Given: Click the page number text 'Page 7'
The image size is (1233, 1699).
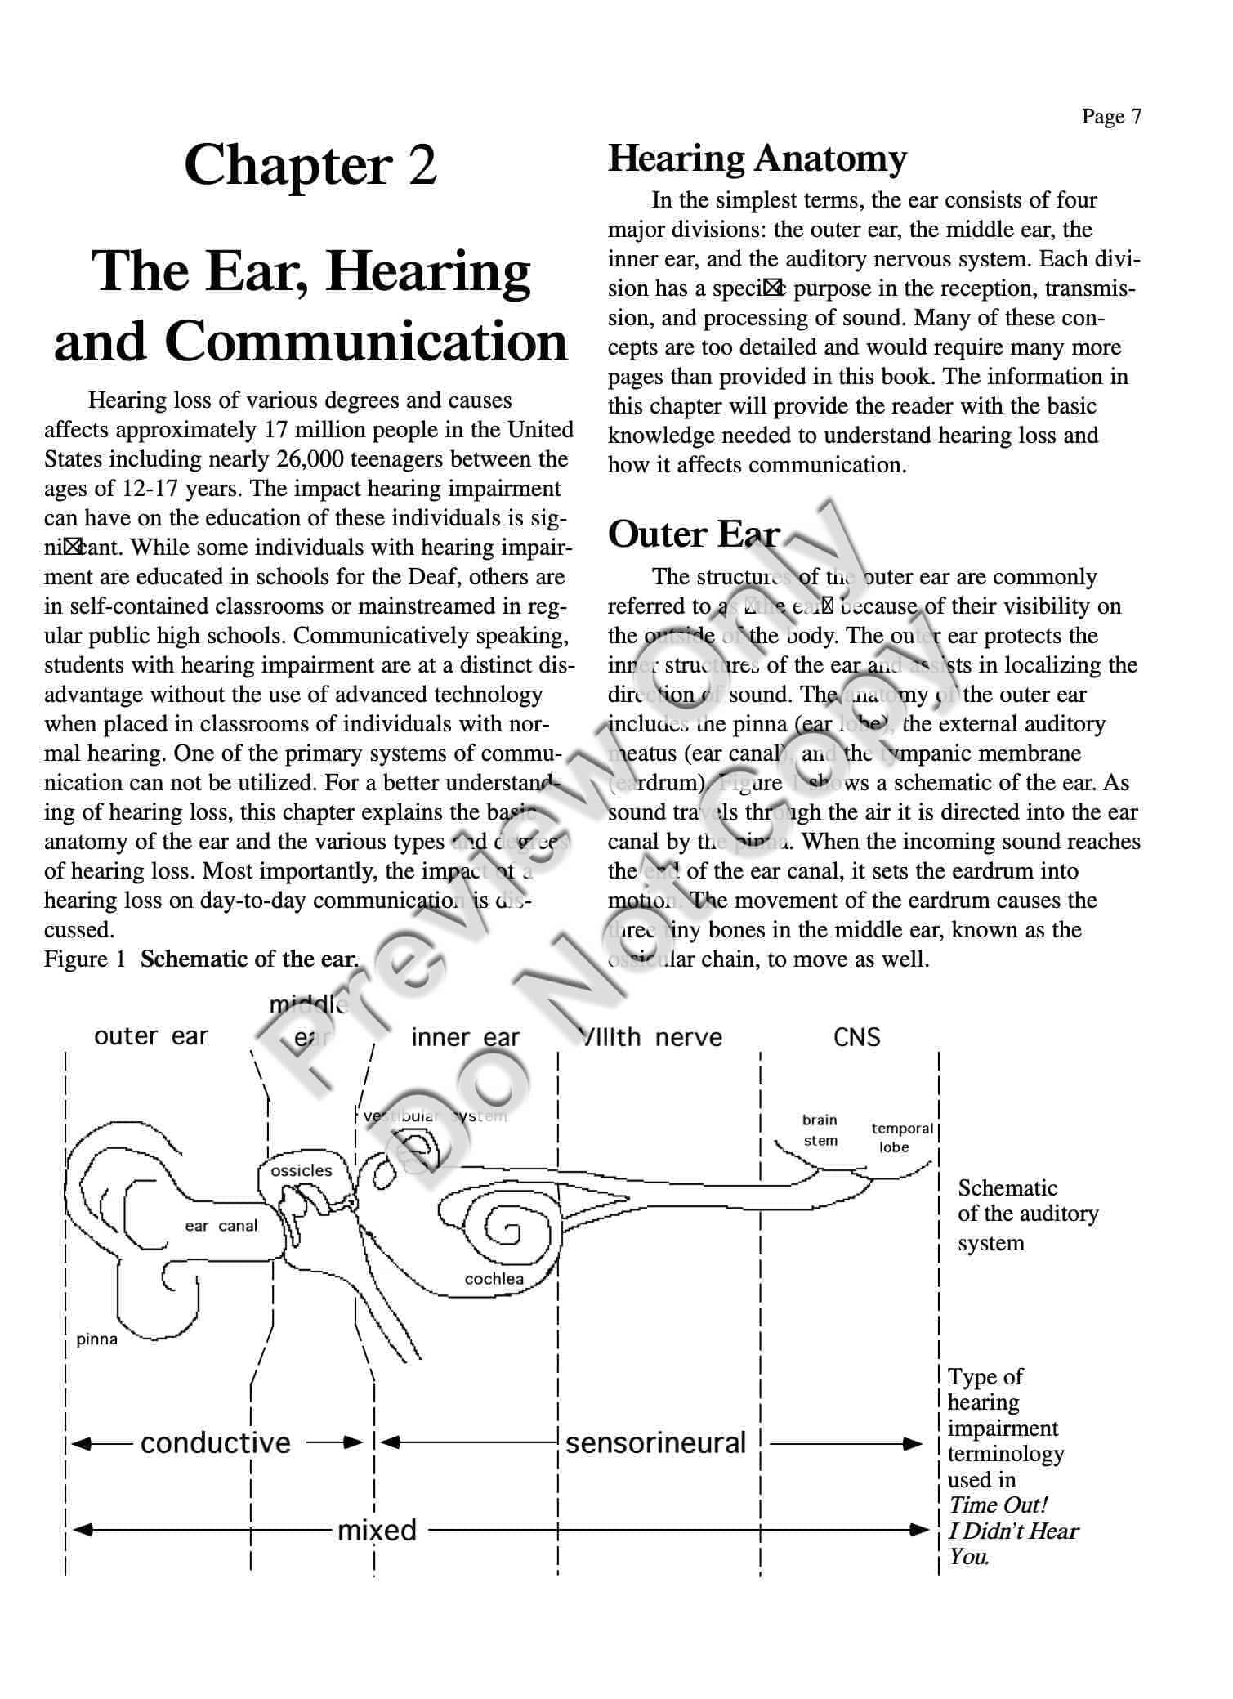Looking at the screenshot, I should (x=1110, y=117).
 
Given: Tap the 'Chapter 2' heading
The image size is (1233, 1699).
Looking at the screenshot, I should (x=310, y=165).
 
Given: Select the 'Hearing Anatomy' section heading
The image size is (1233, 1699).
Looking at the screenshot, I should (x=757, y=159).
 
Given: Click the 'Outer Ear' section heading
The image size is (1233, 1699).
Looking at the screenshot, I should (x=693, y=534).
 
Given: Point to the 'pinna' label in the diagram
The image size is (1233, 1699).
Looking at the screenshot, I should (x=96, y=1339).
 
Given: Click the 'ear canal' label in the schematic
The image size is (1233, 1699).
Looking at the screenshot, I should (x=221, y=1226).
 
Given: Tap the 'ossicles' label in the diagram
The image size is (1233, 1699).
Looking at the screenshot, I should (x=302, y=1170).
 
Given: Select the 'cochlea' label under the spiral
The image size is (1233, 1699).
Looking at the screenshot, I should (x=494, y=1279).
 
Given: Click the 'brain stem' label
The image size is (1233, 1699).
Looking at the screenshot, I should (x=820, y=1130).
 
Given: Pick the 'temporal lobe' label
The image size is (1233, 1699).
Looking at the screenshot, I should (x=901, y=1138).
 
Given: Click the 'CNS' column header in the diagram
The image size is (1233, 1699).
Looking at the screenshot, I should (x=856, y=1038).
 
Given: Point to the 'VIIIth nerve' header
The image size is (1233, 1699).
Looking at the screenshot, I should (x=651, y=1038).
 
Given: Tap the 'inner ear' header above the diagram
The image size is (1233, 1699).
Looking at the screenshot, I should (x=465, y=1038).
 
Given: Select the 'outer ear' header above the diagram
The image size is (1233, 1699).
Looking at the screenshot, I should (x=151, y=1036).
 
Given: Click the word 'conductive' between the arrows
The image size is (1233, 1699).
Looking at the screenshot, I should (x=216, y=1443).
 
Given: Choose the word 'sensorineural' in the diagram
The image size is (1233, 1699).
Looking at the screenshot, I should (x=655, y=1443).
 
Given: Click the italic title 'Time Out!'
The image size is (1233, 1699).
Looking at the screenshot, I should (x=997, y=1505).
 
